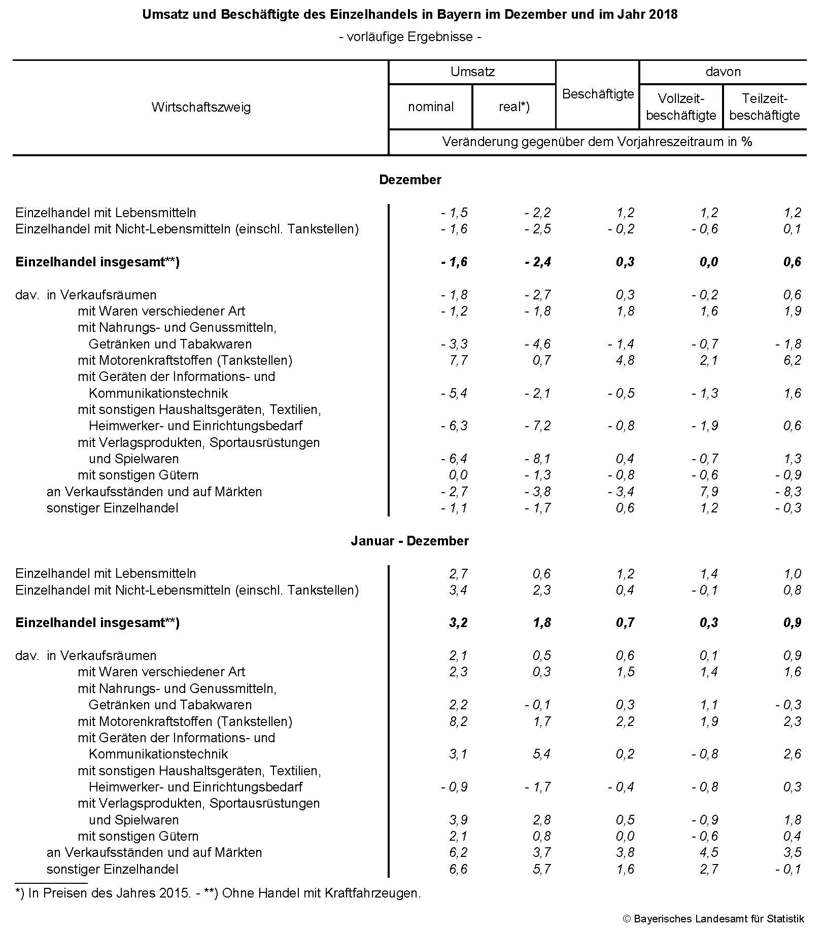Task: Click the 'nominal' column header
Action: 430,107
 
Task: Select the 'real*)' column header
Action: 513,107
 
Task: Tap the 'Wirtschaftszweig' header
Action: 201,107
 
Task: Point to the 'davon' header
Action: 723,72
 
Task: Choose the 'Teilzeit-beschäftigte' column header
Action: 764,107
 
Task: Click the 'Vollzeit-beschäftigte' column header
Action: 681,107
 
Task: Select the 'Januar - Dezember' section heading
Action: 409,541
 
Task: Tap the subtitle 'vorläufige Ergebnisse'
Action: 409,37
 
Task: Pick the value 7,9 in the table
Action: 708,492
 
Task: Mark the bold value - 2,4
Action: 538,262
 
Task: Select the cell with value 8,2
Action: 458,721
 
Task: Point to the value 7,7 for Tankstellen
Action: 458,360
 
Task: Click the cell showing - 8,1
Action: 538,459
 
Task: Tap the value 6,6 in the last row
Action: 458,869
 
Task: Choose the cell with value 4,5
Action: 708,852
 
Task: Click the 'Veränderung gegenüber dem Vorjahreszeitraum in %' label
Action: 597,142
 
